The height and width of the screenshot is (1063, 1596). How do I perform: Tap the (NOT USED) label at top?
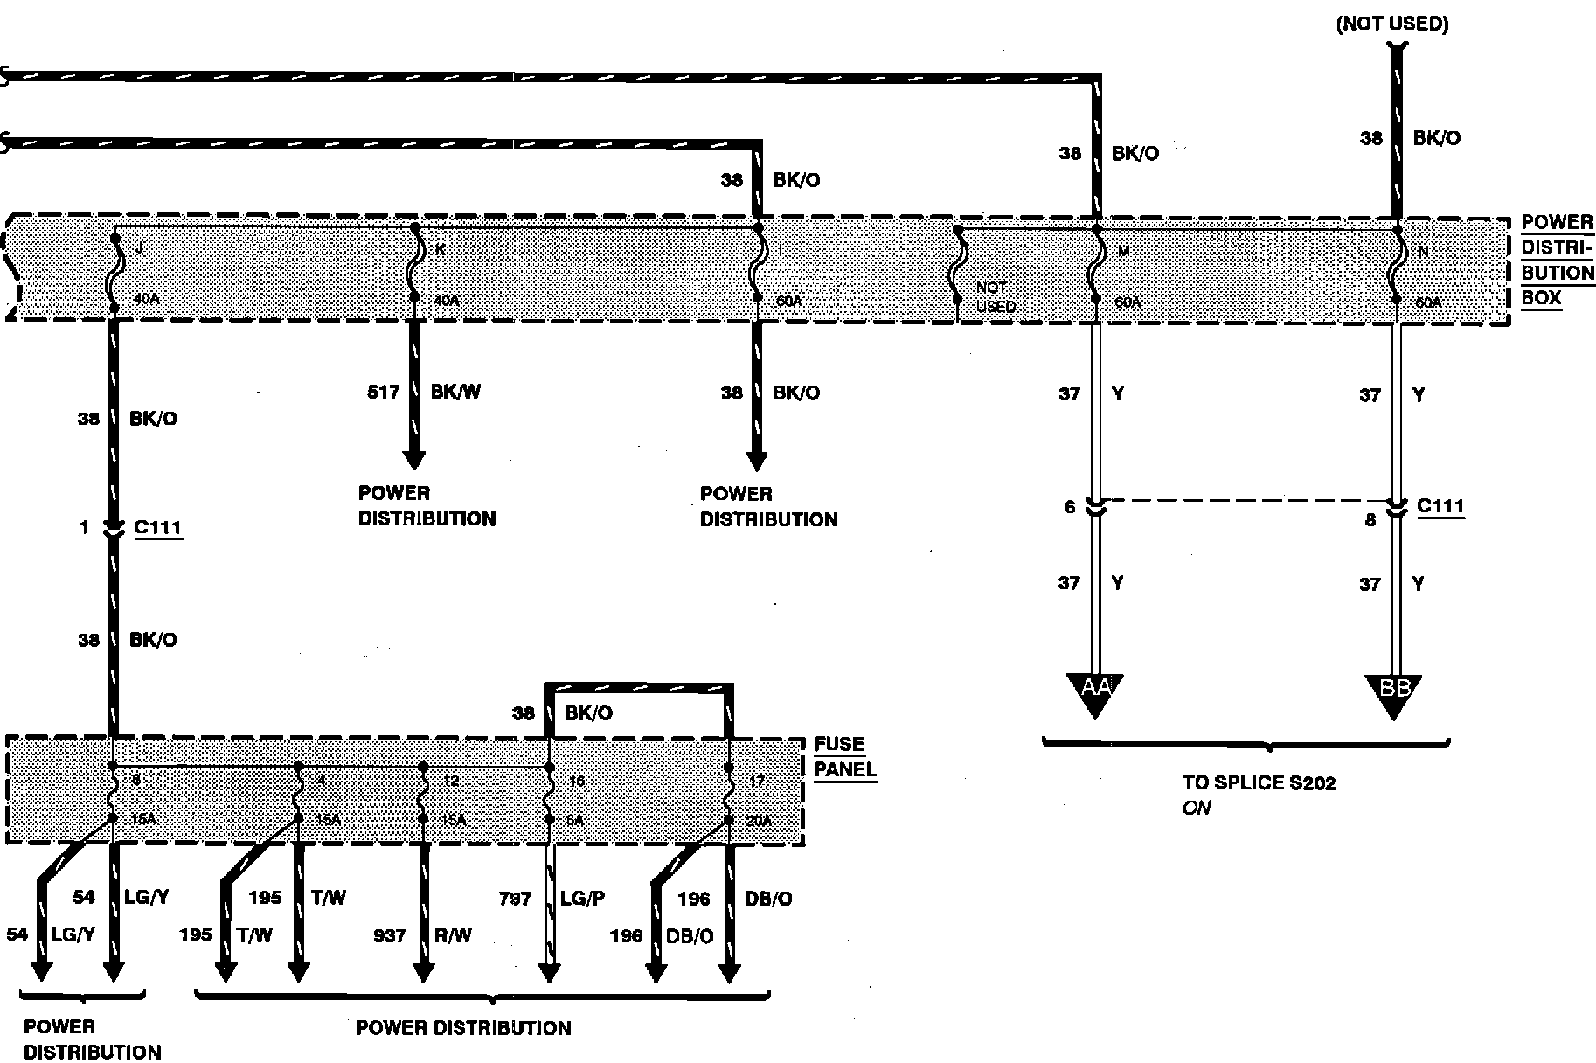[1391, 24]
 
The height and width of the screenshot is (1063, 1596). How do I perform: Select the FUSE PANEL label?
[844, 757]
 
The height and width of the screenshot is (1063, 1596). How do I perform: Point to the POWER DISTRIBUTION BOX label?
[1557, 260]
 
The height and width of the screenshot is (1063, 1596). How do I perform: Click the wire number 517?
[383, 393]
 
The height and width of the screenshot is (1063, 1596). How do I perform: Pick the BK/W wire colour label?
[455, 393]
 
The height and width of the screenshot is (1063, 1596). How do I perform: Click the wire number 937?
[389, 936]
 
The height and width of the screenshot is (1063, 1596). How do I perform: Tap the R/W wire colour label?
[453, 936]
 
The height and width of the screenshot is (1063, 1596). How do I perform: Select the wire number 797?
[515, 899]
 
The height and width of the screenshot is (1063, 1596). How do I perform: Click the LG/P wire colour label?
[584, 899]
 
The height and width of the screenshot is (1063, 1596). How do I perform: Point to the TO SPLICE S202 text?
[1259, 783]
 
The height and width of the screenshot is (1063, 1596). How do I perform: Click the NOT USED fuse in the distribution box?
[959, 267]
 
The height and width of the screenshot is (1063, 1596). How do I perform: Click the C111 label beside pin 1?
[158, 529]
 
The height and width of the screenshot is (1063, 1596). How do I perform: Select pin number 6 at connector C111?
[1069, 507]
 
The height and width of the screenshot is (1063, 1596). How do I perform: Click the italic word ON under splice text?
[1196, 809]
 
